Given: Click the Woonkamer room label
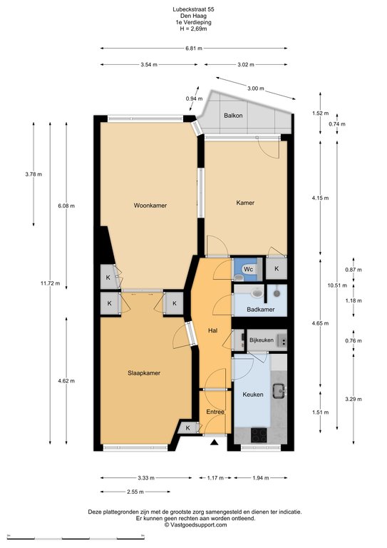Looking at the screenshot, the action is (150, 205).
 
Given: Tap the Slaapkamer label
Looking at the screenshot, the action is (144, 373).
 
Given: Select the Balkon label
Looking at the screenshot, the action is (233, 116).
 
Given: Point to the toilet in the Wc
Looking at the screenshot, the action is (239, 278).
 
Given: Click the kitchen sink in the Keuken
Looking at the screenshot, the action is (279, 391).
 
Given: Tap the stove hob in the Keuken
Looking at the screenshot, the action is (259, 435).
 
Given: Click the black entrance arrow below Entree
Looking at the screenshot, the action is (214, 443).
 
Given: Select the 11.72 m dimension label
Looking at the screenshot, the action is (50, 283).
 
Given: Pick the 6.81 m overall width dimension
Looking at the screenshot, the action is (194, 49).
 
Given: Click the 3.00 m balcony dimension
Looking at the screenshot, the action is (256, 88).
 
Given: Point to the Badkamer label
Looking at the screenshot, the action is (261, 309).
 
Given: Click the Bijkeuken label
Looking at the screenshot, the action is (262, 340).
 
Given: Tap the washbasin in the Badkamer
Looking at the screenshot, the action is (257, 293).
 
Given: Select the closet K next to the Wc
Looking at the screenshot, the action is (277, 268).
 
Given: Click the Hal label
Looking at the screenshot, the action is (213, 330).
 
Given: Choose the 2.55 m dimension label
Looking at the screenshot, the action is (135, 492).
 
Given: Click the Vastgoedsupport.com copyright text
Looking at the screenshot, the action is (196, 525).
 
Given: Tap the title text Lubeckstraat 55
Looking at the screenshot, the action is (193, 9).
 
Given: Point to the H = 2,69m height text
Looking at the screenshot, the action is (193, 29).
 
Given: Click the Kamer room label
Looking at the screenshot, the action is (245, 203).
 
